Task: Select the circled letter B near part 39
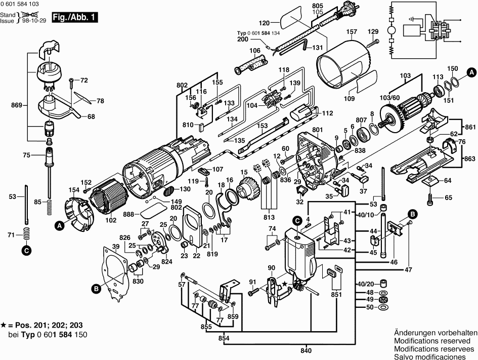coord(96,289)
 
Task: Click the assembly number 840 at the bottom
coord(307,350)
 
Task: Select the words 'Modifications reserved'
coord(436,341)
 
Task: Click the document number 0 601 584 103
coord(22,4)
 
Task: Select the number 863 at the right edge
coord(470,159)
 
